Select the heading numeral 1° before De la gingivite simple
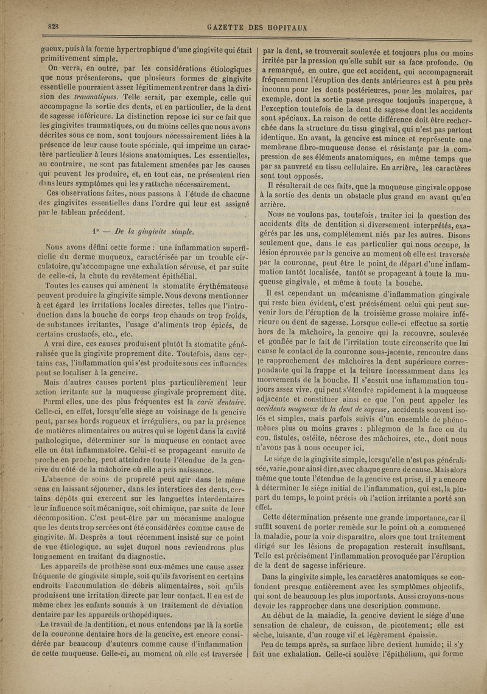pyautogui.click(x=94, y=232)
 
